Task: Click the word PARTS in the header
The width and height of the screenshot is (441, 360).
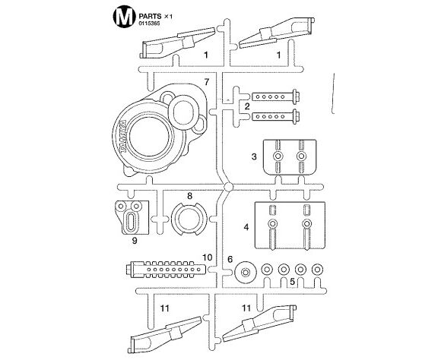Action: tap(150, 16)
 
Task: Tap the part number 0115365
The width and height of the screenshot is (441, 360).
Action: tap(149, 24)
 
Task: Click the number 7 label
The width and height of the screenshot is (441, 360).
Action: tap(207, 82)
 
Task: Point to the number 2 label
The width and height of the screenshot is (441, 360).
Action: tap(247, 106)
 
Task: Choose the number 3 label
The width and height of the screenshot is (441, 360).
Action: tap(254, 156)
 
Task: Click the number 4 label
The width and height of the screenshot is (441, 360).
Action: tap(246, 227)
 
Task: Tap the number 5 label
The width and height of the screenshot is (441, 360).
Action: tap(292, 281)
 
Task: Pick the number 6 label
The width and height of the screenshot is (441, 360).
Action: tap(230, 260)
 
